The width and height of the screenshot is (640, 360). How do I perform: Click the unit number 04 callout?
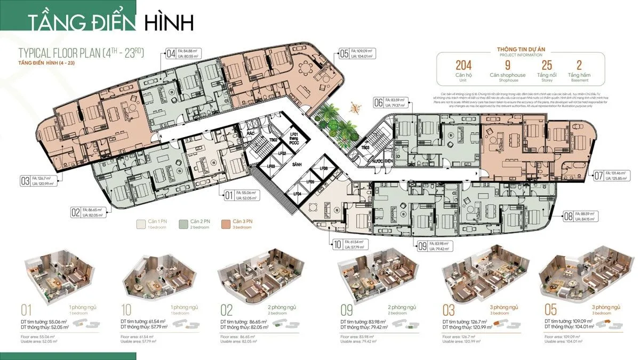(171, 53)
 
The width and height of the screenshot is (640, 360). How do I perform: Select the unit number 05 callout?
(343, 53)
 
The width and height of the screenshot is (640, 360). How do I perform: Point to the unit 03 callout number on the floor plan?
(25, 181)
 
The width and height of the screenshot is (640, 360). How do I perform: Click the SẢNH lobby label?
(297, 165)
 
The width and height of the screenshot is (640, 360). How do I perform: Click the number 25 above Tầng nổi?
(547, 66)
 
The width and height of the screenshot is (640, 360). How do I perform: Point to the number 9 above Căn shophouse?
(508, 66)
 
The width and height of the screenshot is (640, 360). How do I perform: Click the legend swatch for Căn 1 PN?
(141, 225)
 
